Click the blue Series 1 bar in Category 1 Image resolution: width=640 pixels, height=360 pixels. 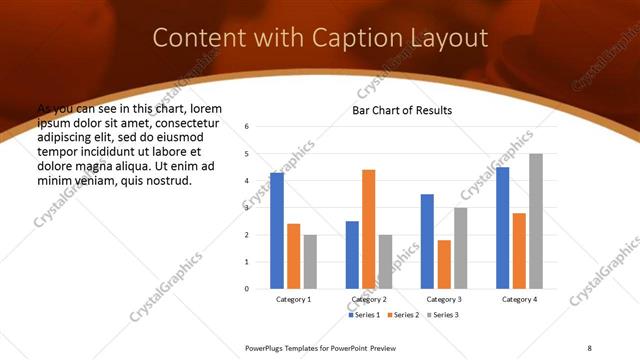coord(277,231)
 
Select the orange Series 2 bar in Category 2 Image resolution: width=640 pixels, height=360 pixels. coord(368,229)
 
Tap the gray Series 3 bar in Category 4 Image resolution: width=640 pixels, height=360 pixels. coord(536,221)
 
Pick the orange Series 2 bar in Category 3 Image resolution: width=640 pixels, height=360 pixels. coord(444,264)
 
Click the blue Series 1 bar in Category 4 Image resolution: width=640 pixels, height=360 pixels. coord(502,228)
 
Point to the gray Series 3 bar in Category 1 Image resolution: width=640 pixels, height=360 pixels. coord(310,262)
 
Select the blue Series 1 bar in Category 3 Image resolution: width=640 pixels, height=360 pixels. coord(427,241)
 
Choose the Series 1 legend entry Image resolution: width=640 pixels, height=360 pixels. coord(363,315)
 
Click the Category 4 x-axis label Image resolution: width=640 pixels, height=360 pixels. coord(519,299)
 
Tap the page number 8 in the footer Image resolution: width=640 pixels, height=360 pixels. coord(589,347)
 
